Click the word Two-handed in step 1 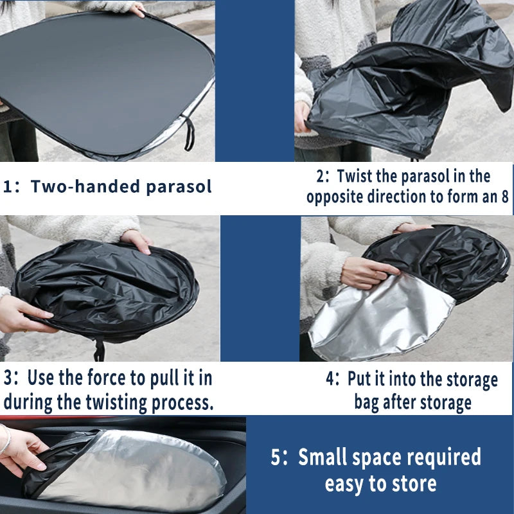[x=85, y=186]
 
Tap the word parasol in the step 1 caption [x=179, y=187]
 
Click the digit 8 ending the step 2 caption [x=504, y=197]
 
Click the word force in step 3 [x=107, y=378]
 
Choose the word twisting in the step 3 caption [x=116, y=403]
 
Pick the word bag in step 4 [x=366, y=403]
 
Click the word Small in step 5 [x=323, y=457]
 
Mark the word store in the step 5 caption [x=414, y=484]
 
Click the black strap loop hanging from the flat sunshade [x=189, y=134]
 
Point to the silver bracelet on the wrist [x=6, y=439]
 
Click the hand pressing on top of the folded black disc [x=137, y=240]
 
